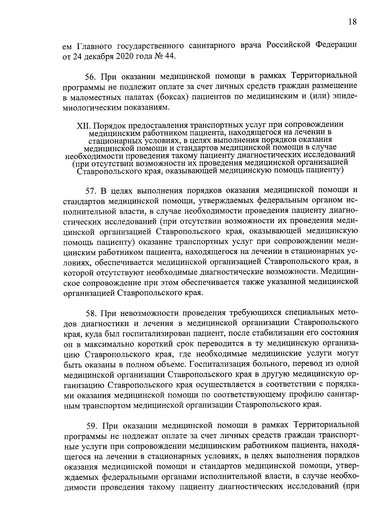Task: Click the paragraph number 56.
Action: [x=91, y=77]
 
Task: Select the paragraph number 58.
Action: [x=91, y=313]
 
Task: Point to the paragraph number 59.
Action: [x=91, y=426]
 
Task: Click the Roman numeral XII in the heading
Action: [x=83, y=125]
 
